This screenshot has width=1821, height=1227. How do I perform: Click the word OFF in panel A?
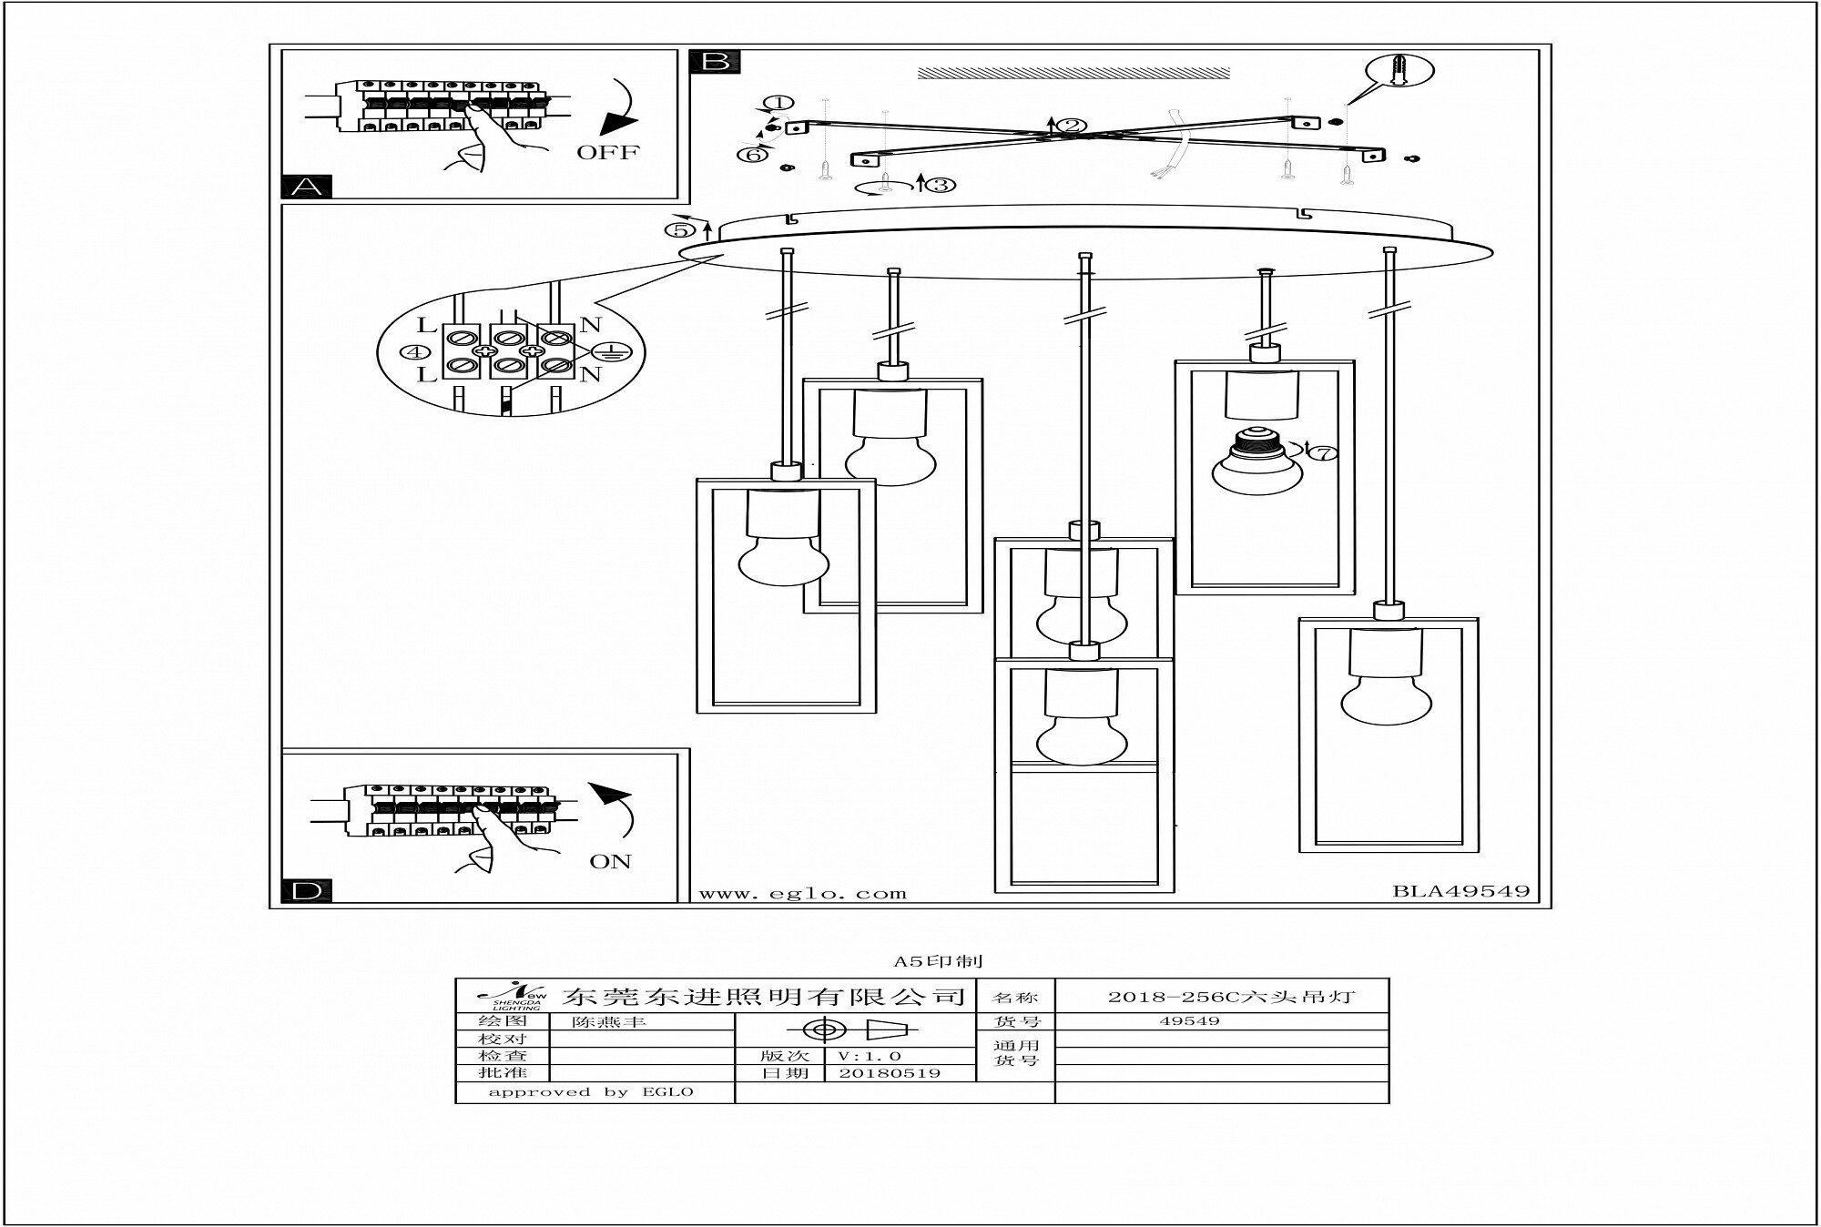[608, 152]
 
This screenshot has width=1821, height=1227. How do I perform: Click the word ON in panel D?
[610, 861]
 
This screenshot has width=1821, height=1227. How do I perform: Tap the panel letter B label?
[716, 61]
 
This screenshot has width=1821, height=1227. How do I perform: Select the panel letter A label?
[307, 187]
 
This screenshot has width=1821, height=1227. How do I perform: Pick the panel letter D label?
[307, 891]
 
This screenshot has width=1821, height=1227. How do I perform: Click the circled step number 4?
[416, 351]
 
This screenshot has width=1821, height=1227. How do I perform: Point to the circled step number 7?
[1328, 451]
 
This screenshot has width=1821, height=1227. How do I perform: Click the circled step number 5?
[686, 229]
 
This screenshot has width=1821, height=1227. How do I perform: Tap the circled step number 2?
[1072, 126]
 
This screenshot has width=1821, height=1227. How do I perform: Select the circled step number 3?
[941, 185]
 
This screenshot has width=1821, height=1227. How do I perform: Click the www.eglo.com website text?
[802, 894]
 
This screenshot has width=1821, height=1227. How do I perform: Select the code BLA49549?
[1460, 891]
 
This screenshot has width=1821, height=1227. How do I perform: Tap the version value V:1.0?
[870, 1056]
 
